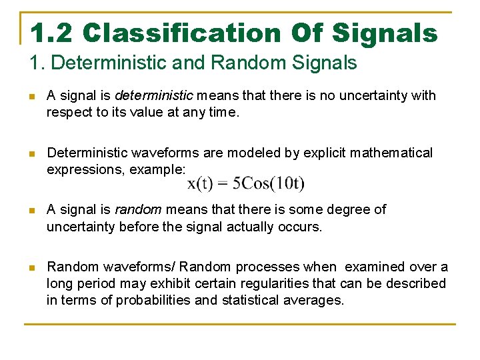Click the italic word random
[139, 210]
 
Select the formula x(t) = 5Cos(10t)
[246, 183]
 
